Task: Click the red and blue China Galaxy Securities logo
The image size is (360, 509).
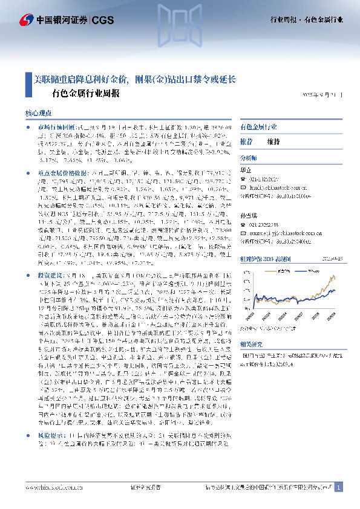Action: pos(27,20)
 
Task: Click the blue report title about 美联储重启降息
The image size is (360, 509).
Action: pos(135,79)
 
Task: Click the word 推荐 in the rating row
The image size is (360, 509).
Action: pos(247,141)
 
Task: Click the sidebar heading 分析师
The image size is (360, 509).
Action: pos(249,157)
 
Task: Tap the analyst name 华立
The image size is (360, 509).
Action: pos(246,170)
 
